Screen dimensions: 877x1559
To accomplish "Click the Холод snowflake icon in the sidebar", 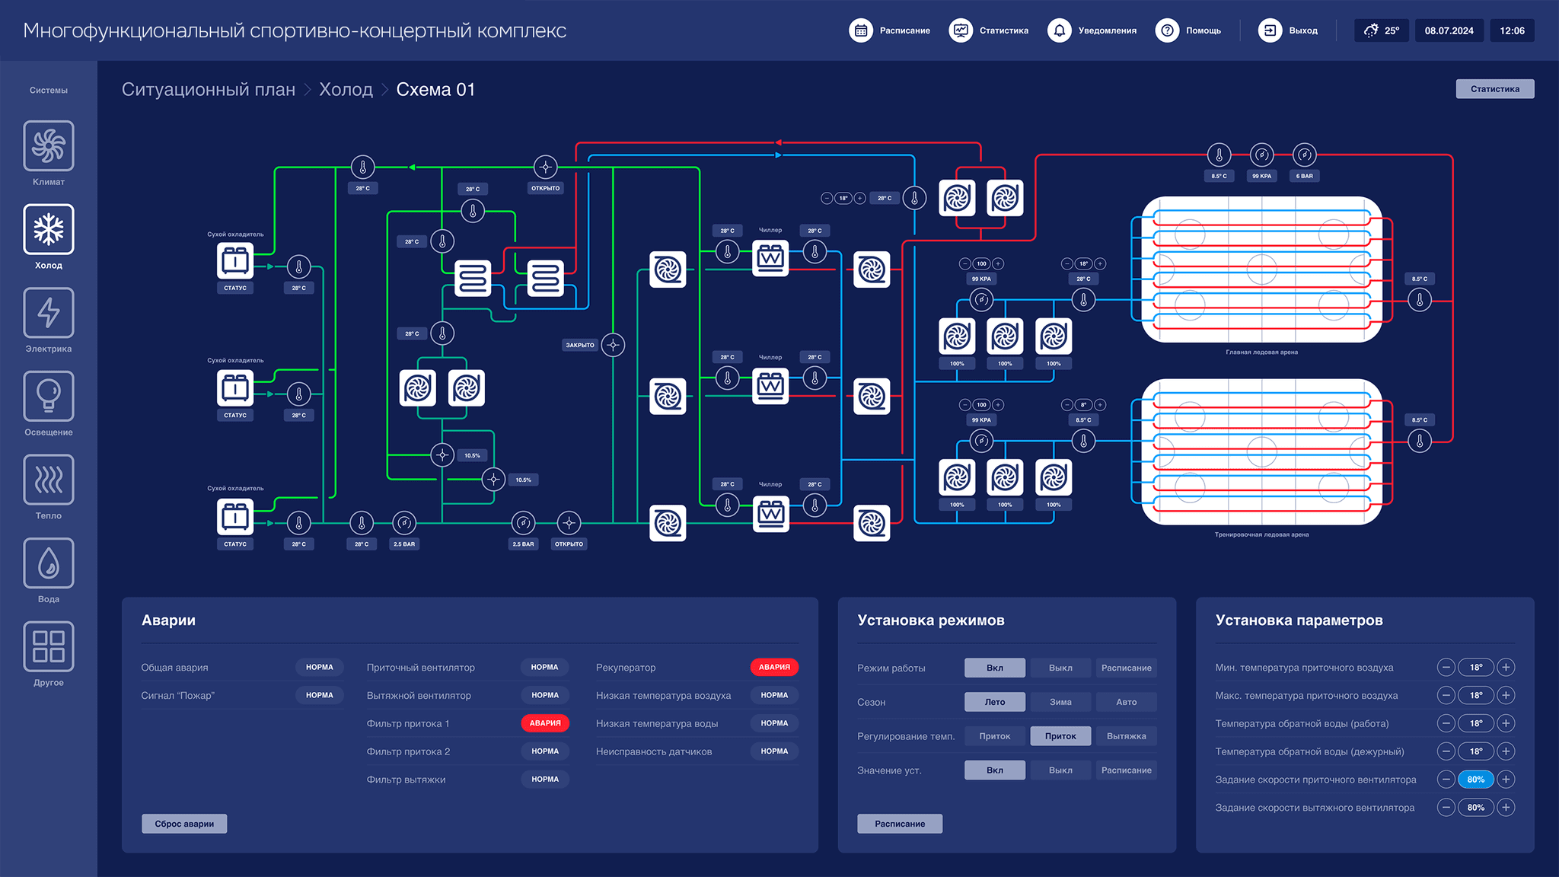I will click(x=49, y=229).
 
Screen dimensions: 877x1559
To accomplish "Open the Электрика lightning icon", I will click(x=49, y=313).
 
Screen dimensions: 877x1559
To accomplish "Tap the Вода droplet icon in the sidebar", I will click(x=49, y=563).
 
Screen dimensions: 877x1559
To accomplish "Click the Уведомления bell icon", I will click(x=1059, y=30).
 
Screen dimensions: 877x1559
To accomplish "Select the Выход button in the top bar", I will click(x=1288, y=30).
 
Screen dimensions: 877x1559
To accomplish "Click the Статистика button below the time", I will click(x=1494, y=89).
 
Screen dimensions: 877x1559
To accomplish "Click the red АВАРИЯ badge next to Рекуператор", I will click(x=774, y=667).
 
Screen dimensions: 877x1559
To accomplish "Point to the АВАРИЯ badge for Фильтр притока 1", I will click(x=545, y=723).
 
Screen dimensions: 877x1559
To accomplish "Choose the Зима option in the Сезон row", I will click(x=1060, y=702).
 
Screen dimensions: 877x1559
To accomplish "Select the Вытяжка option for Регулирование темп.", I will click(x=1126, y=736).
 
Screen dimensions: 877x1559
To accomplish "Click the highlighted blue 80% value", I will click(x=1475, y=780).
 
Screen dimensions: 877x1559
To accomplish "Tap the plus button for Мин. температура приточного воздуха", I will click(x=1505, y=668).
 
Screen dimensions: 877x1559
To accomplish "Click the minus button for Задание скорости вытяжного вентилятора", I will click(x=1446, y=808).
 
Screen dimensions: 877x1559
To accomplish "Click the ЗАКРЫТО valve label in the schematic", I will click(x=580, y=345).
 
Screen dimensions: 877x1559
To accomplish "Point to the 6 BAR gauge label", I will click(x=1304, y=176).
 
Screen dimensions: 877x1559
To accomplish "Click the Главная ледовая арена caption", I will click(x=1261, y=352).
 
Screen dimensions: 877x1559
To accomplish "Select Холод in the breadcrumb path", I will click(x=346, y=90).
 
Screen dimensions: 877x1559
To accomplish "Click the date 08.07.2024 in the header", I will click(x=1449, y=30).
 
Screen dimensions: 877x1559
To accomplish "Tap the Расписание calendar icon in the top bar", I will click(x=861, y=30).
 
